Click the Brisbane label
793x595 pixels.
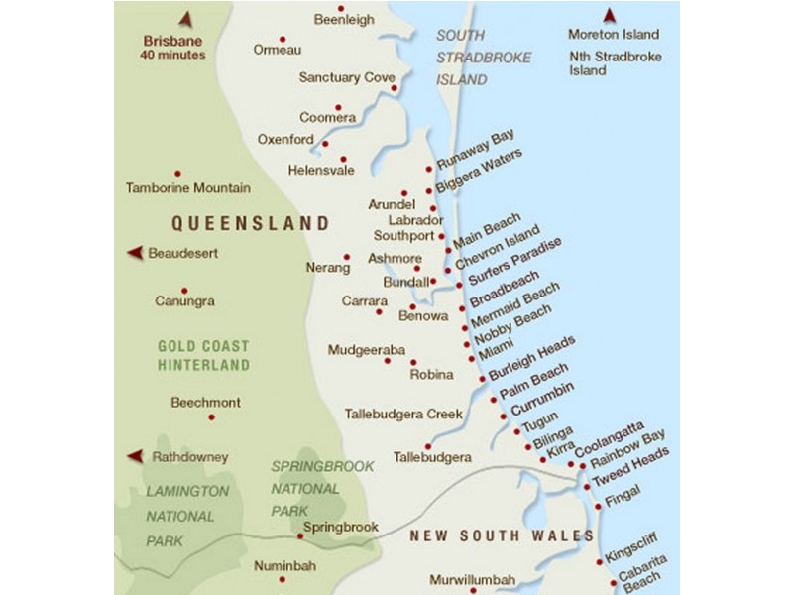click(x=173, y=41)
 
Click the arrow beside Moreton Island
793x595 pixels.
click(x=609, y=15)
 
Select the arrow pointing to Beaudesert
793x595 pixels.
click(x=134, y=254)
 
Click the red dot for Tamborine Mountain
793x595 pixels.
click(x=177, y=173)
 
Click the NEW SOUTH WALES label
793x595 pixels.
click(x=502, y=535)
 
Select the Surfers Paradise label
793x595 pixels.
click(x=515, y=261)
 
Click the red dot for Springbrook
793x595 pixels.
click(x=300, y=536)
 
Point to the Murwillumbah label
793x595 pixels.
click(x=473, y=579)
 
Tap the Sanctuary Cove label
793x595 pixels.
click(x=347, y=76)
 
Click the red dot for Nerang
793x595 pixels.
click(x=347, y=257)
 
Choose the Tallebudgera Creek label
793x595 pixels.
click(x=403, y=414)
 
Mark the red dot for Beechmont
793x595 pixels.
click(x=211, y=417)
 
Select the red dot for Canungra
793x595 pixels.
click(x=183, y=291)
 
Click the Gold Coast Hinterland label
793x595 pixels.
click(x=203, y=356)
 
